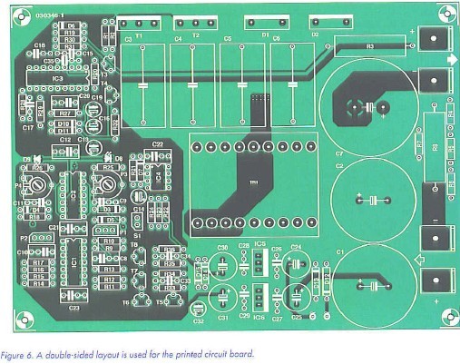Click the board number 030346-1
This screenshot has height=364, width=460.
pyautogui.click(x=53, y=16)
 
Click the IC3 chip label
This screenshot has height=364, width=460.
pyautogui.click(x=57, y=80)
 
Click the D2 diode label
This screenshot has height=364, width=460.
pyautogui.click(x=316, y=34)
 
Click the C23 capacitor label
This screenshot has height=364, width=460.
pyautogui.click(x=73, y=310)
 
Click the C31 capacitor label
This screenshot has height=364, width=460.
pyautogui.click(x=222, y=320)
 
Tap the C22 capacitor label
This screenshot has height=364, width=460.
pyautogui.click(x=157, y=144)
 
